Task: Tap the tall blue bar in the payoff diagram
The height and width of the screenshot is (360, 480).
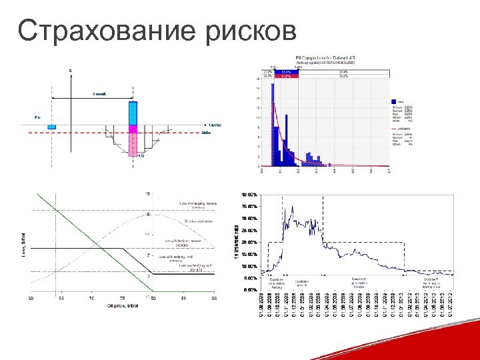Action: point(133,112)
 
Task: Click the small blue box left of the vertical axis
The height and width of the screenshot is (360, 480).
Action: point(52,126)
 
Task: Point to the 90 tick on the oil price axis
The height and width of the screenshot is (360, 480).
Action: point(214,297)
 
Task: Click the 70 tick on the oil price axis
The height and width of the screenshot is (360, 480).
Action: point(92,297)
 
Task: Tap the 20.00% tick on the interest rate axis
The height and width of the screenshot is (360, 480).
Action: point(247,242)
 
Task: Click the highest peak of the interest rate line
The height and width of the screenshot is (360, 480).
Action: point(291,200)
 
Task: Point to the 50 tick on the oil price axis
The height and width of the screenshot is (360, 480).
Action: point(31,297)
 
